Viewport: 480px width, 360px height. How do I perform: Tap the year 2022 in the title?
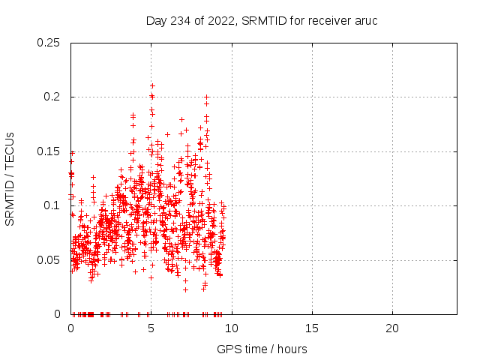click(220, 20)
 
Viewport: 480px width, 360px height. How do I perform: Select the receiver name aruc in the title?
click(366, 20)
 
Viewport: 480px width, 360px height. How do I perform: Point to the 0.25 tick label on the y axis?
click(50, 43)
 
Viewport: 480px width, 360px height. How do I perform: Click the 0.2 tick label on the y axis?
click(54, 97)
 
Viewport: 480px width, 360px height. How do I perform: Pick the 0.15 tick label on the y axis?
click(50, 151)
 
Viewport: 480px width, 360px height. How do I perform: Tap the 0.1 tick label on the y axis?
click(54, 205)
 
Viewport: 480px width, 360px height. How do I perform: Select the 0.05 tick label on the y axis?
click(50, 259)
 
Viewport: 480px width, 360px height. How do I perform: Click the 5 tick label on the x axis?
click(151, 328)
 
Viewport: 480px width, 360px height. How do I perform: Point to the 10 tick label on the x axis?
click(232, 328)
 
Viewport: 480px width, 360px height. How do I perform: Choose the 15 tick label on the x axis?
click(312, 328)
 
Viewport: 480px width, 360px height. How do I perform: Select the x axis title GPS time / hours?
click(262, 349)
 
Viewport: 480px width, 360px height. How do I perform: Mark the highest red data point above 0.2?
click(152, 85)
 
